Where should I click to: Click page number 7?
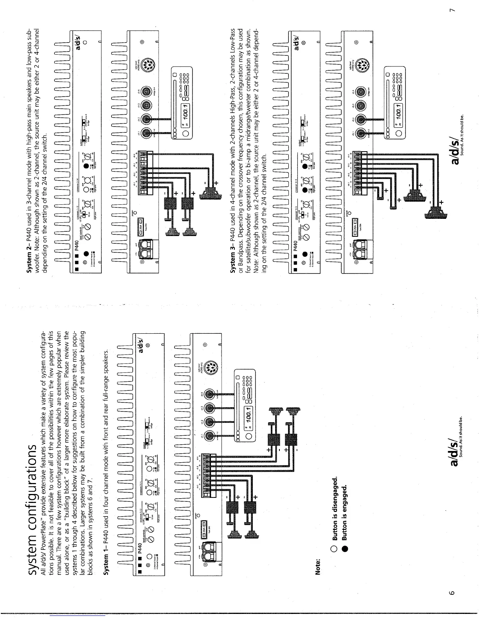pos(452,14)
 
